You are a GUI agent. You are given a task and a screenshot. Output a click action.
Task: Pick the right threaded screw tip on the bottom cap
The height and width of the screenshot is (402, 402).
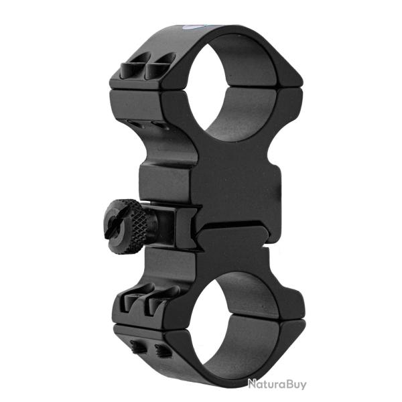click(x=161, y=350)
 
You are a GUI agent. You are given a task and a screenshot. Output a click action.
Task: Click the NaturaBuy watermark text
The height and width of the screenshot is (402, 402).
click(x=276, y=384)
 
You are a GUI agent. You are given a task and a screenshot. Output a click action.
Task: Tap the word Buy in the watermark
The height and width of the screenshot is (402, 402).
click(x=294, y=384)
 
